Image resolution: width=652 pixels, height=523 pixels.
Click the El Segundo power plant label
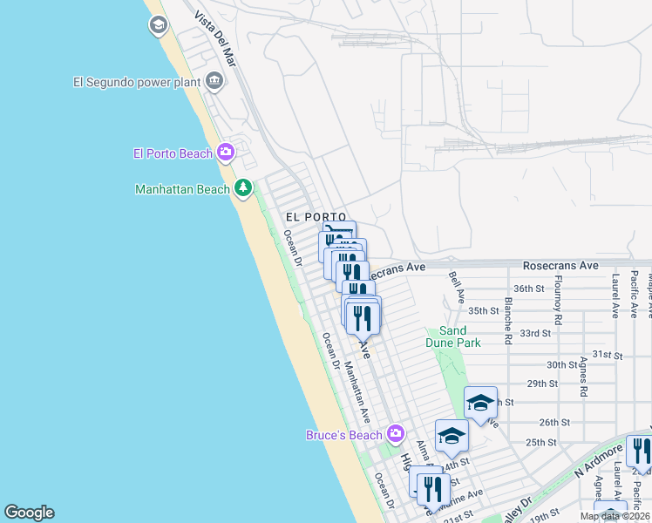[x=137, y=83]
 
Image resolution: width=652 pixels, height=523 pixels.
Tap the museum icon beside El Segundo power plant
[x=214, y=83]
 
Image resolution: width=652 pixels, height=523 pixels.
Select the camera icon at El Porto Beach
[x=226, y=153]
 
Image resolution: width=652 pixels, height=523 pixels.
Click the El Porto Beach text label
[x=173, y=153]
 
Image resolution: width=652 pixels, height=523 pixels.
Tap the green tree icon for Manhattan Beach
[x=242, y=188]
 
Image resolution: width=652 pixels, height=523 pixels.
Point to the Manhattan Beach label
[x=182, y=189]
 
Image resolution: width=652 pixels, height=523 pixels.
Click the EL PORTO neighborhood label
[x=316, y=217]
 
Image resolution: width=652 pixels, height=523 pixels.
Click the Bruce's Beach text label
[x=344, y=435]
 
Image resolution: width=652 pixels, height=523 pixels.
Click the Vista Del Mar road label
[x=216, y=40]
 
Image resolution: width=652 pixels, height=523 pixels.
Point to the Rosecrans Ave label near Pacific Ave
[x=560, y=265]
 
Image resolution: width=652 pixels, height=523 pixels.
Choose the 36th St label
[x=529, y=289]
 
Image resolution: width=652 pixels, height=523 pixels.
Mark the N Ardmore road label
[x=598, y=463]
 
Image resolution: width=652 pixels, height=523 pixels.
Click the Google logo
[x=29, y=513]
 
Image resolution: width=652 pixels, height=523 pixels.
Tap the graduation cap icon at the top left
[x=158, y=24]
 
